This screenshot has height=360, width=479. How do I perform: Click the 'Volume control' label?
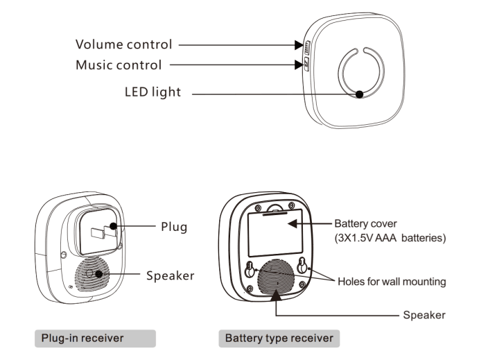click(123, 45)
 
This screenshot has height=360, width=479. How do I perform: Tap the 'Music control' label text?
click(119, 66)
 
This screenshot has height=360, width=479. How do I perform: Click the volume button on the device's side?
click(306, 48)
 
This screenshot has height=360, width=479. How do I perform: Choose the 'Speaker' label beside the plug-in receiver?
click(170, 275)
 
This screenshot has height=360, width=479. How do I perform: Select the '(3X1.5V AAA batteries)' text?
click(390, 238)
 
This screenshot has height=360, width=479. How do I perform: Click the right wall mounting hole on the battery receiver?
click(303, 266)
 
